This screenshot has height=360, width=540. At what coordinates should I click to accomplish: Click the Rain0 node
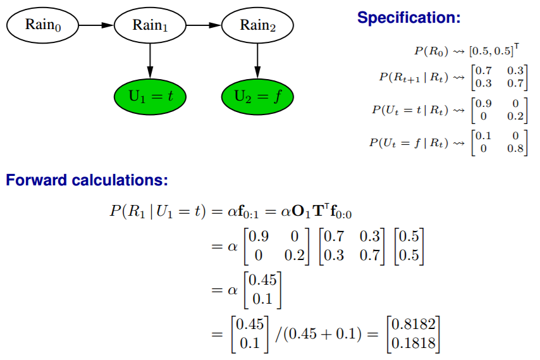[x=42, y=25]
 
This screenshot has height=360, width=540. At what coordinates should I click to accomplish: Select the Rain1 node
[x=150, y=25]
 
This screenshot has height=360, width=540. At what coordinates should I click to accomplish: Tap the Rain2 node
[x=257, y=25]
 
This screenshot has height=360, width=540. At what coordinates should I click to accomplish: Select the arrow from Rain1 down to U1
[x=150, y=60]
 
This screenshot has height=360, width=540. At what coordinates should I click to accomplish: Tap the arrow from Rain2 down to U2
[x=257, y=60]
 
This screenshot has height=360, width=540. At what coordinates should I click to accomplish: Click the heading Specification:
[x=409, y=18]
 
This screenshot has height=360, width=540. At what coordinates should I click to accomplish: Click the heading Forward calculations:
[x=87, y=181]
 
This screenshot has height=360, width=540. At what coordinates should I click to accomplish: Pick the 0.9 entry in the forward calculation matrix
[x=259, y=237]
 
